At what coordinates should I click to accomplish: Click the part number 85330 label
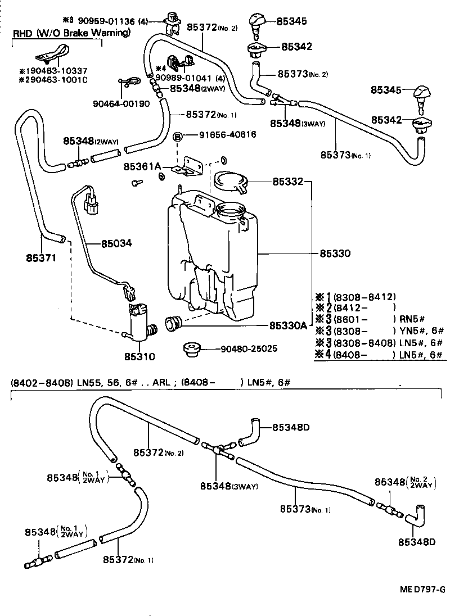(335, 253)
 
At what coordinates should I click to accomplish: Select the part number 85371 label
(40, 257)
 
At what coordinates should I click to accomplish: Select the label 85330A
(288, 325)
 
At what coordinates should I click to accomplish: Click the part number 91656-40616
(227, 135)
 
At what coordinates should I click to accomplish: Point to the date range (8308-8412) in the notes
(364, 296)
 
